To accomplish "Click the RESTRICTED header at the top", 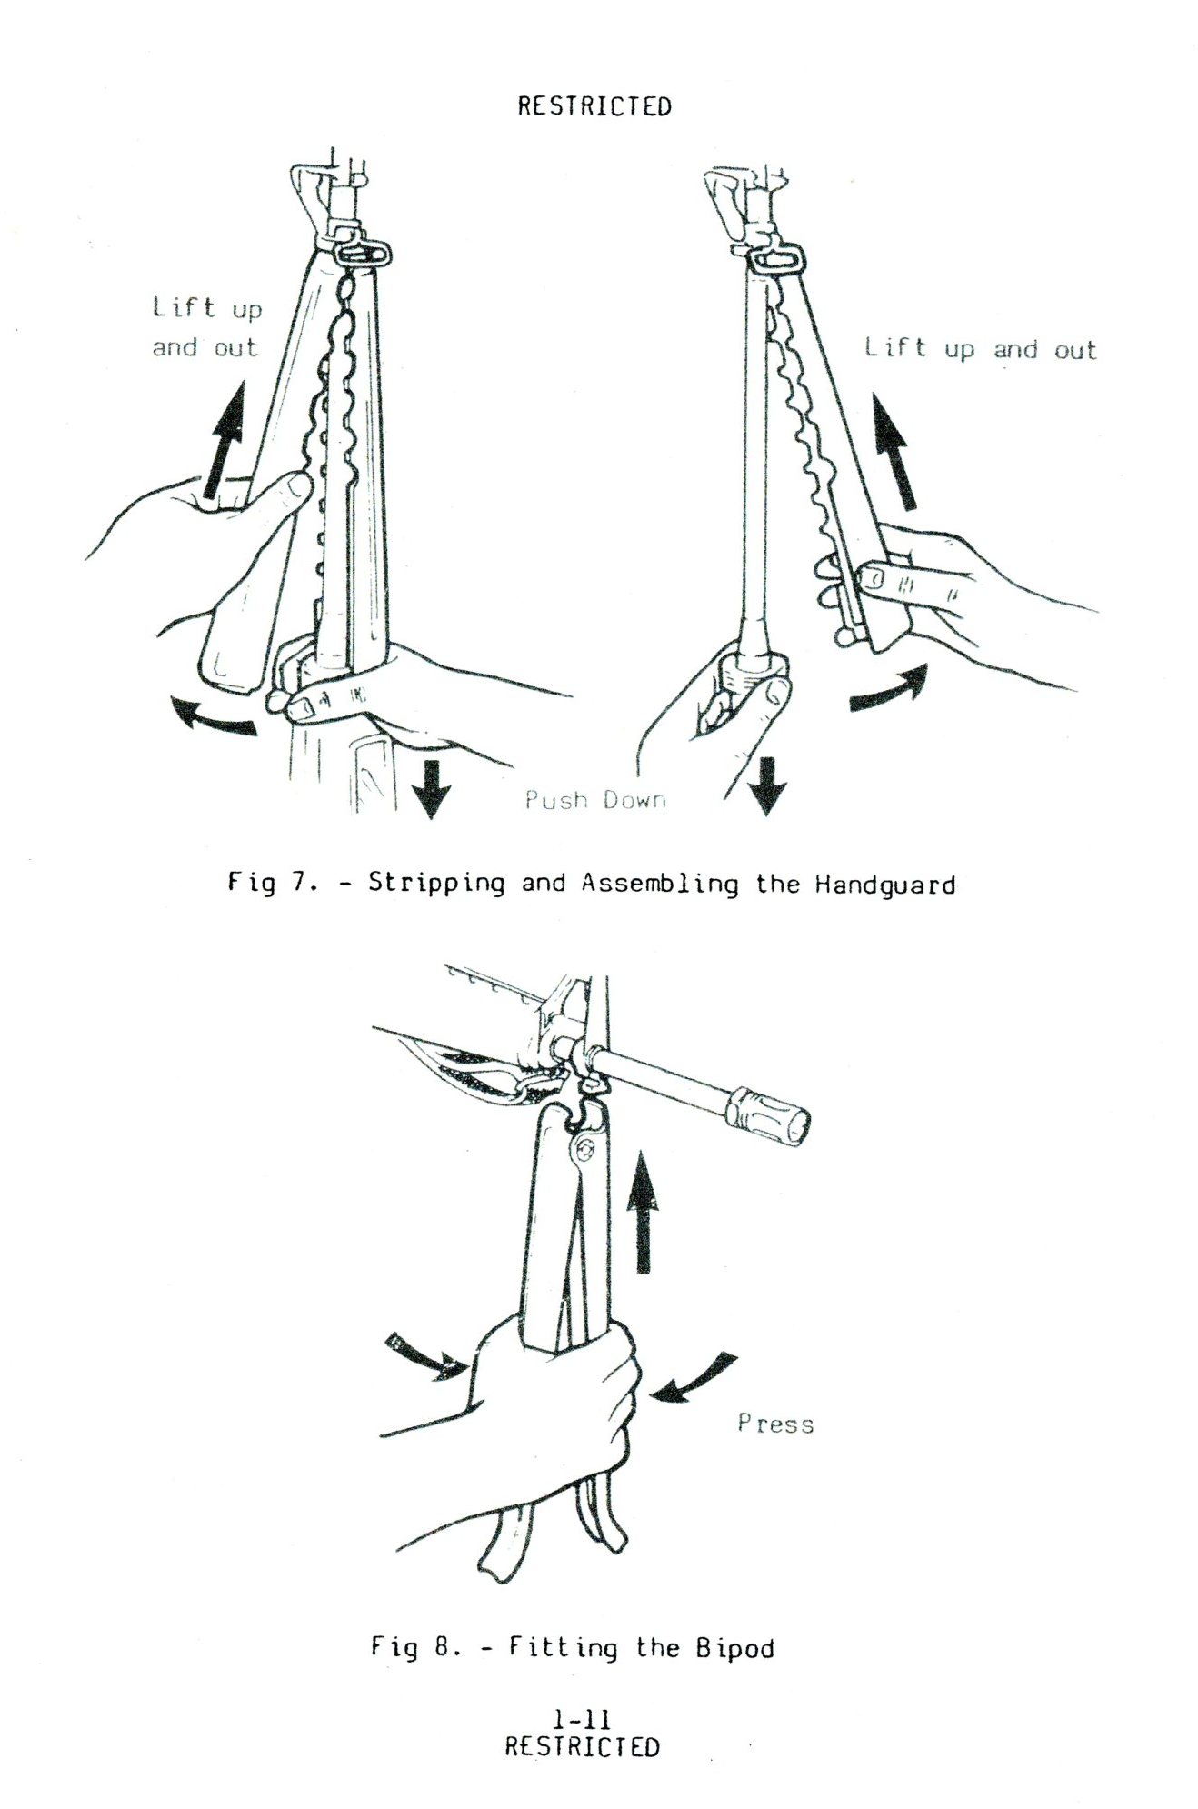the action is pos(594,106).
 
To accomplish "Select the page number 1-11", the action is pos(582,1720).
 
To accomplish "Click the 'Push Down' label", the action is pos(595,800).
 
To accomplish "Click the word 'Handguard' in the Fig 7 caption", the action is pos(884,885).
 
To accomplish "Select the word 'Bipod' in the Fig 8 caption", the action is pos(735,1647).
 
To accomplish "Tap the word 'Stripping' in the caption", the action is pos(436,884).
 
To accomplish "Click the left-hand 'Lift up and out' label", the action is pos(206,328).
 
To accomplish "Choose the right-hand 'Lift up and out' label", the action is pos(981,349).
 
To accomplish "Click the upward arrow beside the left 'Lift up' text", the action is pos(224,441).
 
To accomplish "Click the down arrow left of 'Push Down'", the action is pos(431,788).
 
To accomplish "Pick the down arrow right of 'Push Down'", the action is pos(766,786).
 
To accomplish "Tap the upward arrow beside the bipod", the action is pos(643,1210).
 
